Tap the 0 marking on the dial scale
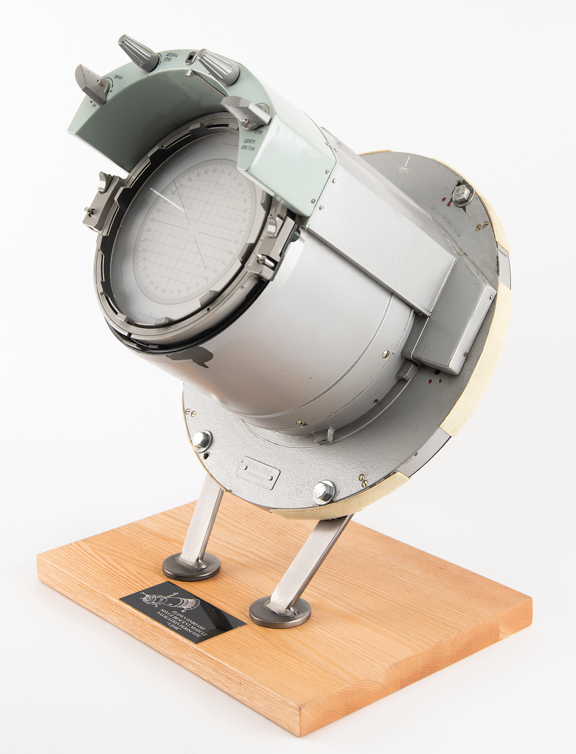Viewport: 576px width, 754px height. click(222, 172)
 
